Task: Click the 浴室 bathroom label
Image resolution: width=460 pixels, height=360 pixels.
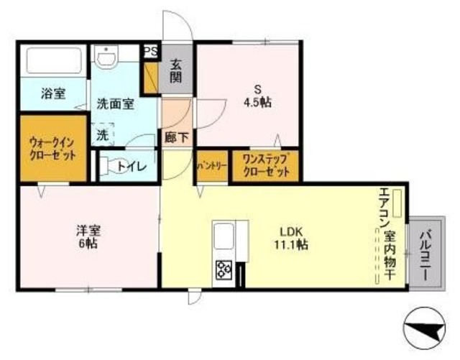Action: (x=52, y=93)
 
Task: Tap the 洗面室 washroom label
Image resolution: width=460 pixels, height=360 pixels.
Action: (x=116, y=103)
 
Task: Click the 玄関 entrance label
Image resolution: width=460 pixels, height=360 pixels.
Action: (x=176, y=70)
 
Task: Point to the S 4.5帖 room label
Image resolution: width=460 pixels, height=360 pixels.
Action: (x=257, y=96)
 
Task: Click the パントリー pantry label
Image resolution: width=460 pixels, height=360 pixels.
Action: (x=212, y=166)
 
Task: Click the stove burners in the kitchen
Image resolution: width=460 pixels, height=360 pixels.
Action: (x=224, y=270)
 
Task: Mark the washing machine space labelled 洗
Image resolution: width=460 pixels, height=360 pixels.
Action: (x=103, y=134)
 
